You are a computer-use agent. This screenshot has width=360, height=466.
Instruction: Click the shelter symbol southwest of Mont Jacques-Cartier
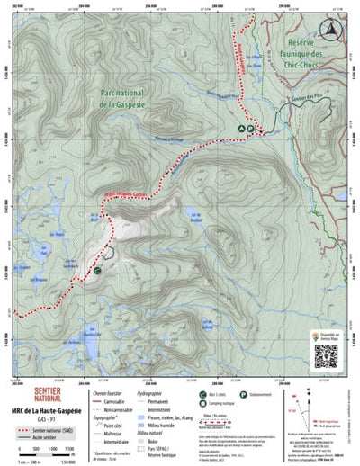(96, 267)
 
